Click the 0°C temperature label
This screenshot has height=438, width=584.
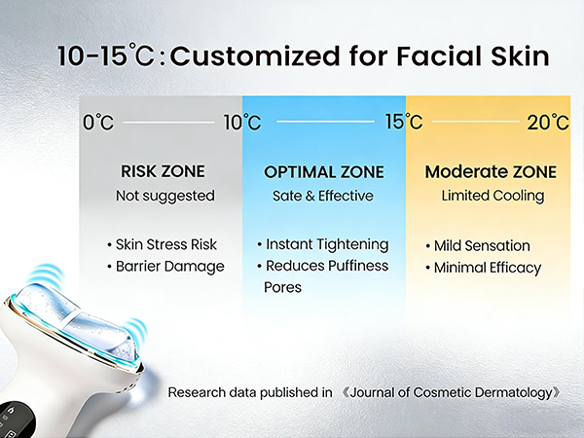[x=99, y=123]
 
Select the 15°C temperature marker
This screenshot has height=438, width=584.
[x=402, y=123]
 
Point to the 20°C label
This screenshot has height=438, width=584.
[x=547, y=123]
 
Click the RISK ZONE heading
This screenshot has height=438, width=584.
[x=163, y=171]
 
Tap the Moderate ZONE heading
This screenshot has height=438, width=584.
[x=491, y=172]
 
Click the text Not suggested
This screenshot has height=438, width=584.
[x=163, y=196]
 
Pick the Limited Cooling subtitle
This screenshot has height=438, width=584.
[x=491, y=196]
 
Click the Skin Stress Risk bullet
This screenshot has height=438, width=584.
[x=166, y=244]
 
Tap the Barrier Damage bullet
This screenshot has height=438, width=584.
[x=166, y=266]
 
